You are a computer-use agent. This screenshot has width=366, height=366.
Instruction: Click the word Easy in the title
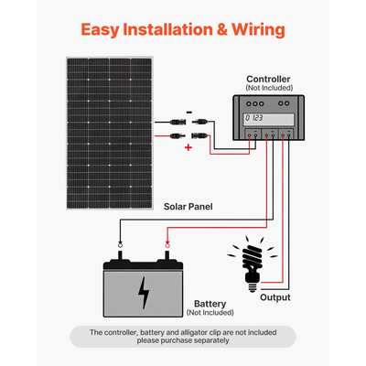pyautogui.click(x=102, y=28)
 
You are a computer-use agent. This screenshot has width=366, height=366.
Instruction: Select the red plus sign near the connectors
pyautogui.click(x=188, y=145)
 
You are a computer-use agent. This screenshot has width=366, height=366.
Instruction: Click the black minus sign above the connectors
pyautogui.click(x=188, y=110)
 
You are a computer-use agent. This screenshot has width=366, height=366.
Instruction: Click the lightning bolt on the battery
pyautogui.click(x=143, y=292)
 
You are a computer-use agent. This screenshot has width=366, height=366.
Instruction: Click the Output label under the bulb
pyautogui.click(x=274, y=297)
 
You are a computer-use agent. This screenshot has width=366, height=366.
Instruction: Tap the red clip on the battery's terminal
pyautogui.click(x=166, y=245)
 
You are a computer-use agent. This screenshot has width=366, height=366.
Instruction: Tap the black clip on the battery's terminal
pyautogui.click(x=119, y=245)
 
